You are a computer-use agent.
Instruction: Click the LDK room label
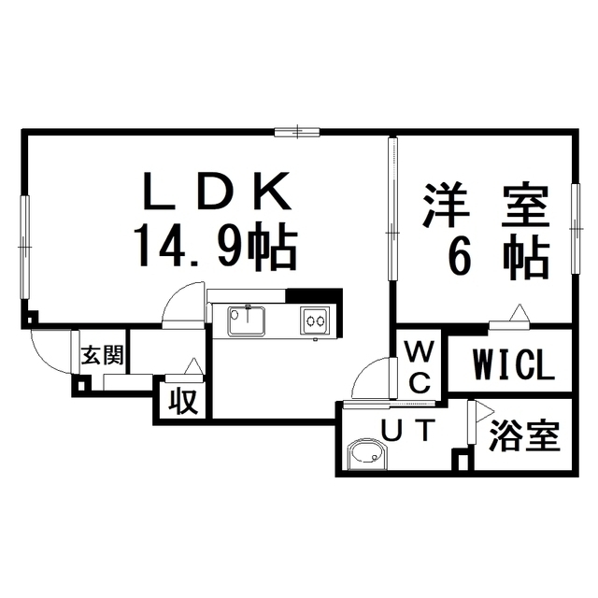217,191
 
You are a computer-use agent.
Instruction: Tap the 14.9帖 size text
215,245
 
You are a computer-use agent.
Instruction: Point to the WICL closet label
513,364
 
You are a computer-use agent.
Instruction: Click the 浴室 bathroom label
524,436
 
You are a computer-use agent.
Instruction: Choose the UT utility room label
408,430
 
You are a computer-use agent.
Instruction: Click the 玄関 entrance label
103,355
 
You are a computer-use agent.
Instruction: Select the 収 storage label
183,401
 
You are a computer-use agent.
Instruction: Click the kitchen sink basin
247,320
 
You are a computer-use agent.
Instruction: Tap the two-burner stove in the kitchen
315,320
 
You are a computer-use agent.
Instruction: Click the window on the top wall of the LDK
297,132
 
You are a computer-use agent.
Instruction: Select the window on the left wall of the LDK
25,247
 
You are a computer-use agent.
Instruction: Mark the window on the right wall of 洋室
576,229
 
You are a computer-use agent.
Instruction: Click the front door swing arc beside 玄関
51,351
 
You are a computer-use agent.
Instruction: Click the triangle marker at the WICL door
520,314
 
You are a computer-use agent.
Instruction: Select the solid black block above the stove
314,295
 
